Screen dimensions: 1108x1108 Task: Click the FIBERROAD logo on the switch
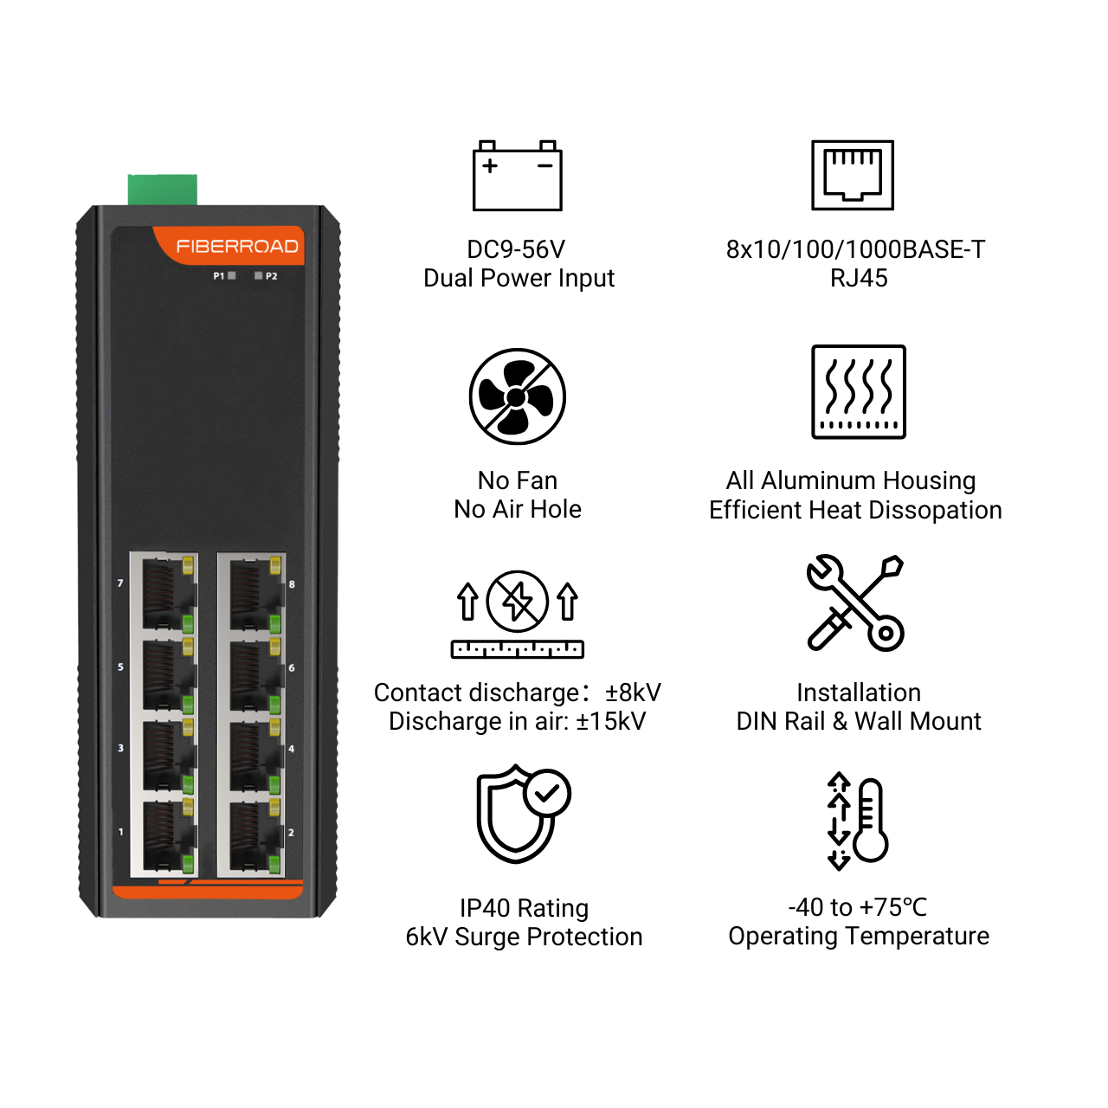[237, 246]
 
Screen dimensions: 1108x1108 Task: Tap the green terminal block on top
[162, 190]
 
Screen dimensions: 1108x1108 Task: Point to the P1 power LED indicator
[232, 275]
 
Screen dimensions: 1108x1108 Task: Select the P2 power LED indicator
[259, 275]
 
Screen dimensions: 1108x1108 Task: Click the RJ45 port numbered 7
[164, 594]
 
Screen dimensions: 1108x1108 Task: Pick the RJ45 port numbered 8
[251, 594]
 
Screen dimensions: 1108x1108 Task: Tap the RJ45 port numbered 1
[164, 836]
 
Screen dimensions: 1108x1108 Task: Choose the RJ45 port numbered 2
[251, 836]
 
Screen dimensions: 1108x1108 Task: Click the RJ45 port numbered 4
[251, 755]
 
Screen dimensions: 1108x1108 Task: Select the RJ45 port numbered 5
[164, 674]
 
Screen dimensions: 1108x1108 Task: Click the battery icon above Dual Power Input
[517, 176]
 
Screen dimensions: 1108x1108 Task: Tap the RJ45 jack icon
[852, 175]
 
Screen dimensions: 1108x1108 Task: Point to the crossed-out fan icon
[517, 396]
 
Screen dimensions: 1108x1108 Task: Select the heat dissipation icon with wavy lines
[859, 391]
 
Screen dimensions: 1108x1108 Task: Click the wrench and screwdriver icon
[855, 602]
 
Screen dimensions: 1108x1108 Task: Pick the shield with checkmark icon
[523, 814]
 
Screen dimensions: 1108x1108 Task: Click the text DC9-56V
[516, 249]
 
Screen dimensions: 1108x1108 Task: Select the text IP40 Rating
[524, 909]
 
